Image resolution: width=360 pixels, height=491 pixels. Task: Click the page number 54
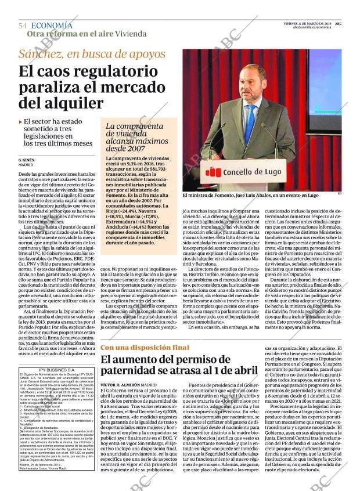point(23,26)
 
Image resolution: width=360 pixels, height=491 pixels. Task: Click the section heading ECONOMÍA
point(52,26)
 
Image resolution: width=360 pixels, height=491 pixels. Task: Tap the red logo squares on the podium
point(214,171)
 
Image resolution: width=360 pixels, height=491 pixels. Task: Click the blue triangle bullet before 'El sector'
point(21,122)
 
